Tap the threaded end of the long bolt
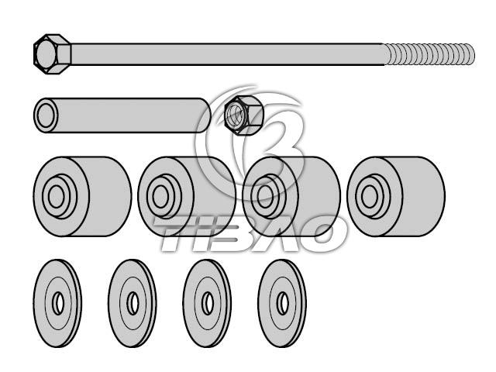click(x=430, y=53)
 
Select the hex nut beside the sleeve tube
click(x=239, y=115)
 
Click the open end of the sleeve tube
click(x=46, y=115)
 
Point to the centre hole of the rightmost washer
click(x=283, y=301)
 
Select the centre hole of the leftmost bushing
click(x=56, y=196)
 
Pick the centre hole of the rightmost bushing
click(x=370, y=196)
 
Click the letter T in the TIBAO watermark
click(x=174, y=234)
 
